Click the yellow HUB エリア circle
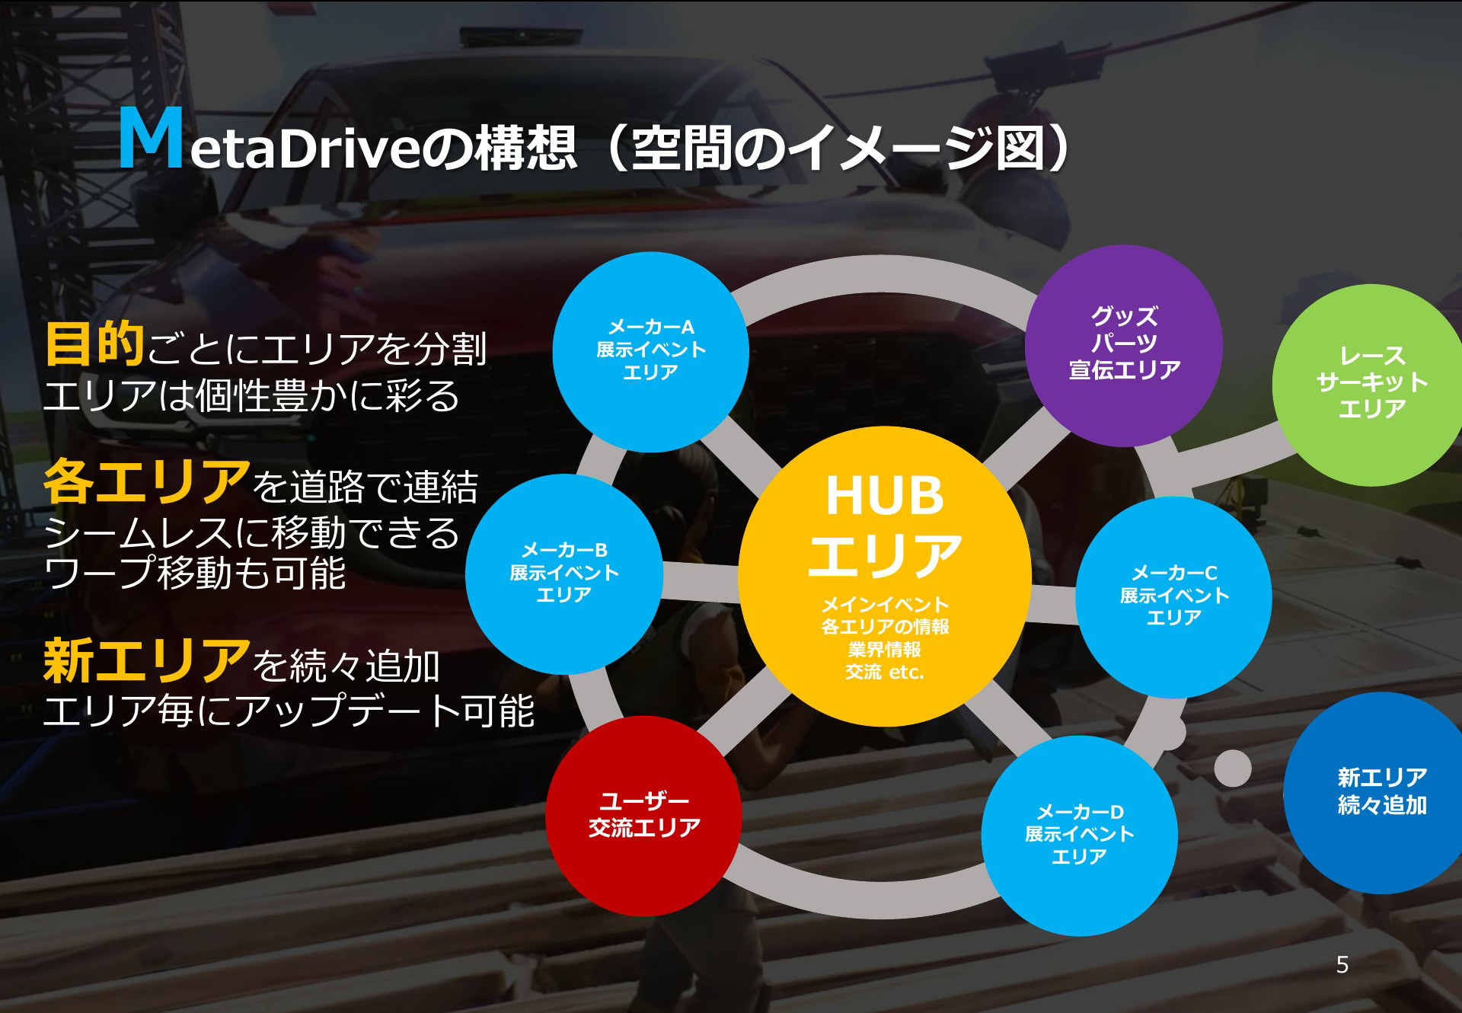pyautogui.click(x=885, y=577)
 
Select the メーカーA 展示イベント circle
pyautogui.click(x=650, y=352)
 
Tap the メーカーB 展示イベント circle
pyautogui.click(x=563, y=574)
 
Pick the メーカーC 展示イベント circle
pyautogui.click(x=1173, y=597)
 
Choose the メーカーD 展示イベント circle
pyautogui.click(x=1079, y=836)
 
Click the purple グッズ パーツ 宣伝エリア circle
pyautogui.click(x=1124, y=345)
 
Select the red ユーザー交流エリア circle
pyautogui.click(x=644, y=816)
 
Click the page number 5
pyautogui.click(x=1342, y=965)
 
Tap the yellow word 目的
pyautogui.click(x=94, y=344)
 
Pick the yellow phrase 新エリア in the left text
pyautogui.click(x=146, y=660)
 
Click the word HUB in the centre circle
pyautogui.click(x=885, y=496)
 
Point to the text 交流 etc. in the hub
pyautogui.click(x=884, y=672)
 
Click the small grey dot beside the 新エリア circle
pyautogui.click(x=1232, y=768)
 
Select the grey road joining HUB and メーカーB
pyautogui.click(x=701, y=582)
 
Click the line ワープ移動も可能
pyautogui.click(x=195, y=573)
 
